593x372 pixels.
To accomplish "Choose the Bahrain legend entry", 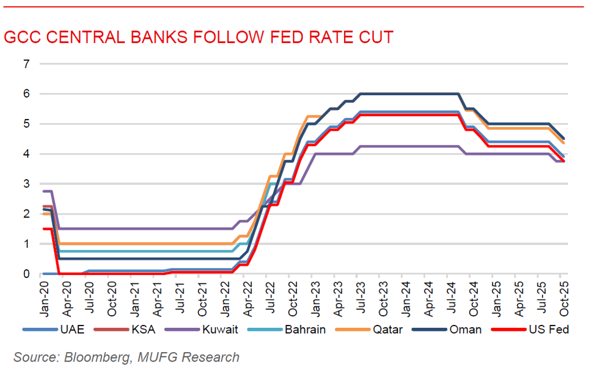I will point(305,330).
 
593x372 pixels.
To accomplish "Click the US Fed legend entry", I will point(547,330).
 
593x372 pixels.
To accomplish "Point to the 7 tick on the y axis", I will point(26,63).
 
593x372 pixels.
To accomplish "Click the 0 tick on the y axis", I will point(26,274).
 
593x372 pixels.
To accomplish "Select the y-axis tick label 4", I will point(26,154).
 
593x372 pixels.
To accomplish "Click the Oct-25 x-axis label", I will point(561,295).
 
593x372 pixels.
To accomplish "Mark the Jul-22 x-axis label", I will point(267,295).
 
